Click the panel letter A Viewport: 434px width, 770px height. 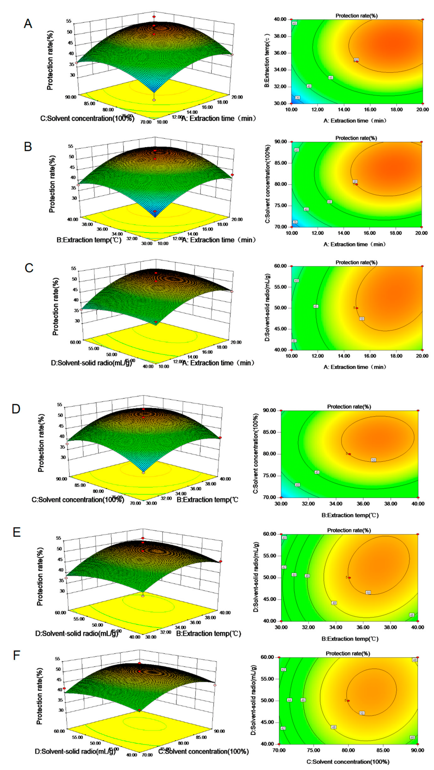28,23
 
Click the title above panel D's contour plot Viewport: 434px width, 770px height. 349,407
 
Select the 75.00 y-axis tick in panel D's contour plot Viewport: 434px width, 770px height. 269,476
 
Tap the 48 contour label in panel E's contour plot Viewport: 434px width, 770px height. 334,603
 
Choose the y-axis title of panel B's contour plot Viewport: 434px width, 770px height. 268,184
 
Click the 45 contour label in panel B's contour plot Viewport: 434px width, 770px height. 329,202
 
